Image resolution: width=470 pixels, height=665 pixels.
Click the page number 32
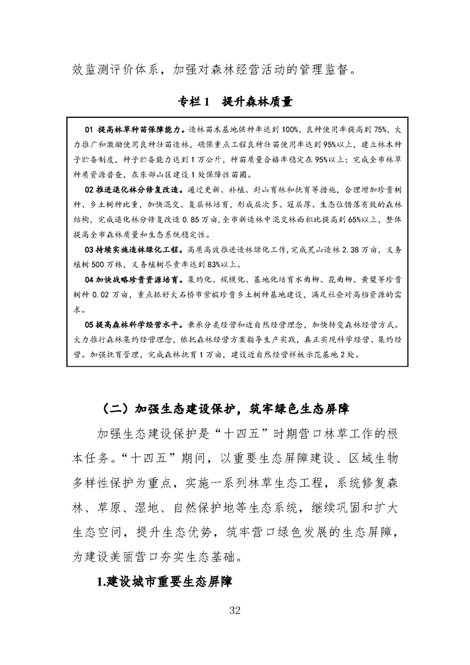click(234, 611)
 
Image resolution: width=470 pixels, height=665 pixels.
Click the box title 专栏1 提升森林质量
click(235, 101)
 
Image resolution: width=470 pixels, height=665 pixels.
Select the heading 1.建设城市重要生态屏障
click(164, 581)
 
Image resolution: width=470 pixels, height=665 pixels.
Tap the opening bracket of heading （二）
click(101, 408)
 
